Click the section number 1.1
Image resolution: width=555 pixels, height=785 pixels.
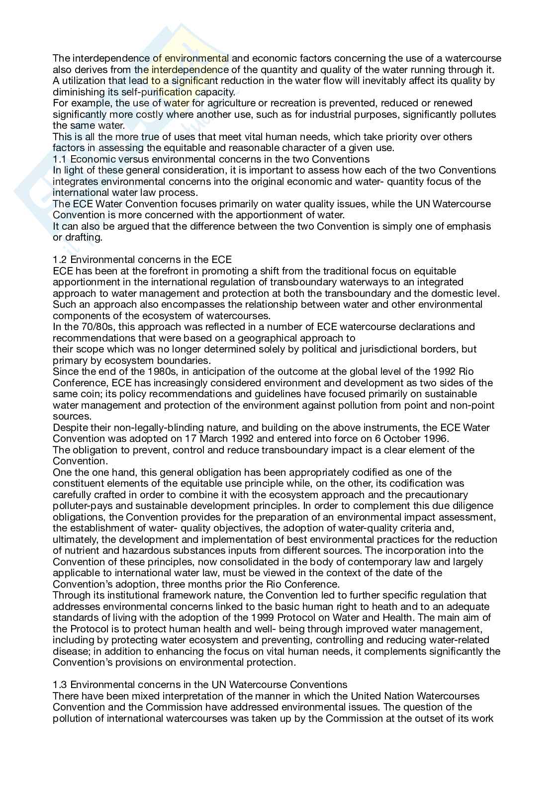point(59,159)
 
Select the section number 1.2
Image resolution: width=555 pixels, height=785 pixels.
point(60,260)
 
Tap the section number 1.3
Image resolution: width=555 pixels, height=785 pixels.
point(60,685)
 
